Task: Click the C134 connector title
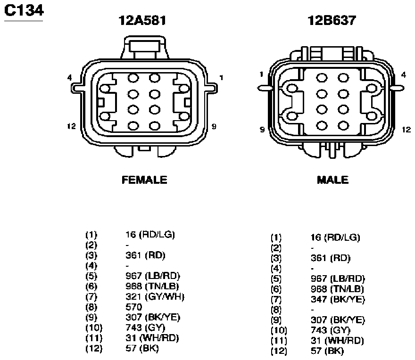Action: coord(24,10)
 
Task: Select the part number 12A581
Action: coord(142,20)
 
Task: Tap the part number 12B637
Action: coord(332,20)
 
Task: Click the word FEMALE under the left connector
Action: coord(144,180)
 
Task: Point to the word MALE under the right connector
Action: coord(332,180)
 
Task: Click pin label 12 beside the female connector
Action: coord(72,126)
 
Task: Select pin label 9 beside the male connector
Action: coord(262,130)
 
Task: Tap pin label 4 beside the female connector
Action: coord(69,77)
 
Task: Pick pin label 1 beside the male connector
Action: coord(261,74)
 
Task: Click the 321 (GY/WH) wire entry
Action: coord(155,297)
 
